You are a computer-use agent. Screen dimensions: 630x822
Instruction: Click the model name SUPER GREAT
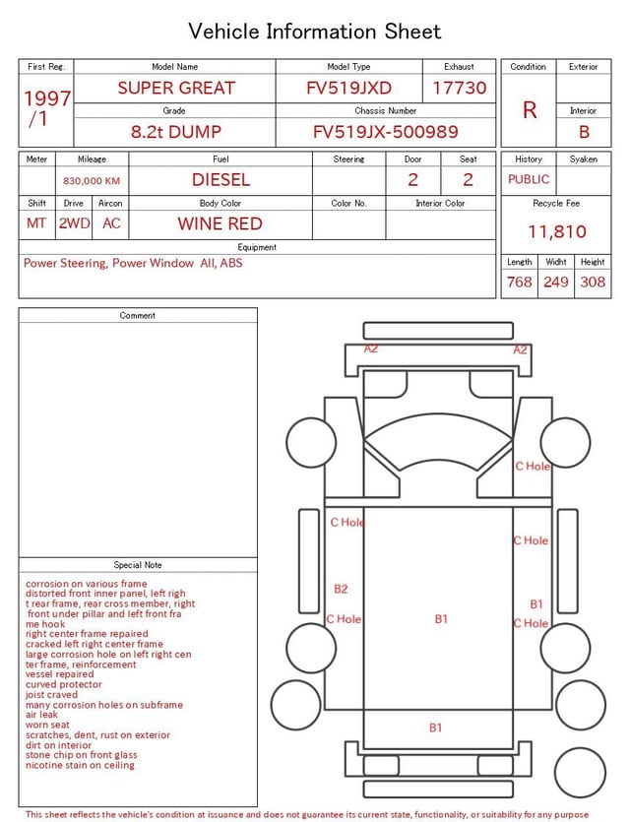click(176, 88)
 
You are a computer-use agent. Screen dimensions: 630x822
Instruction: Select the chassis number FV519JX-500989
click(385, 132)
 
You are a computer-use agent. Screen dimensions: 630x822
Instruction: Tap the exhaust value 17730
click(459, 88)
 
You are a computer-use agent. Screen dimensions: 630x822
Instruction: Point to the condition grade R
click(530, 110)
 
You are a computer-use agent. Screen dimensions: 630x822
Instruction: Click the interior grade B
click(584, 132)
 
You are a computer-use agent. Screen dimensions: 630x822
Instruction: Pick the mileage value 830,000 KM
click(92, 181)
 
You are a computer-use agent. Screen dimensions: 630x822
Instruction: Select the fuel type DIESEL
click(220, 180)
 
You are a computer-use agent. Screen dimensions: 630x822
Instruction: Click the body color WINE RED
click(220, 223)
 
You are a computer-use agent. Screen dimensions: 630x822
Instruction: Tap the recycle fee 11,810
click(556, 231)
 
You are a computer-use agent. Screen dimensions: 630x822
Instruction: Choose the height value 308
click(593, 282)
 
